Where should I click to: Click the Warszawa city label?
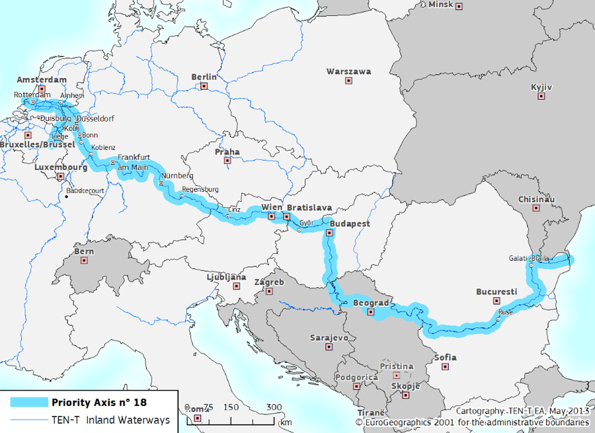tap(348, 71)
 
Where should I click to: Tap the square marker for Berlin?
tap(204, 86)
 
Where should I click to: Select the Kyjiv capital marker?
tap(541, 97)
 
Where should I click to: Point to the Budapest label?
tap(346, 223)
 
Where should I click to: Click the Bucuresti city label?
tap(496, 291)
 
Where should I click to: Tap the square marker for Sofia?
tap(446, 366)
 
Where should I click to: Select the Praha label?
tap(227, 151)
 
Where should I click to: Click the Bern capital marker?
tap(84, 260)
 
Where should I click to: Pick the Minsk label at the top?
tap(441, 4)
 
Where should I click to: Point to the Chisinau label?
tap(536, 199)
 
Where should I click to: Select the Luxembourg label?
tap(61, 168)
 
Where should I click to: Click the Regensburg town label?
tap(200, 189)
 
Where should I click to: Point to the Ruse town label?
tap(505, 311)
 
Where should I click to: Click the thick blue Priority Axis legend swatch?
tap(28, 402)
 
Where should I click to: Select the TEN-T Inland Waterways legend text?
tap(110, 419)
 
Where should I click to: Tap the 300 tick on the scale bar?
tap(273, 407)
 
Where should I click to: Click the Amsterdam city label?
tap(42, 80)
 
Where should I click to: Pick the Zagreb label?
tap(269, 282)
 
